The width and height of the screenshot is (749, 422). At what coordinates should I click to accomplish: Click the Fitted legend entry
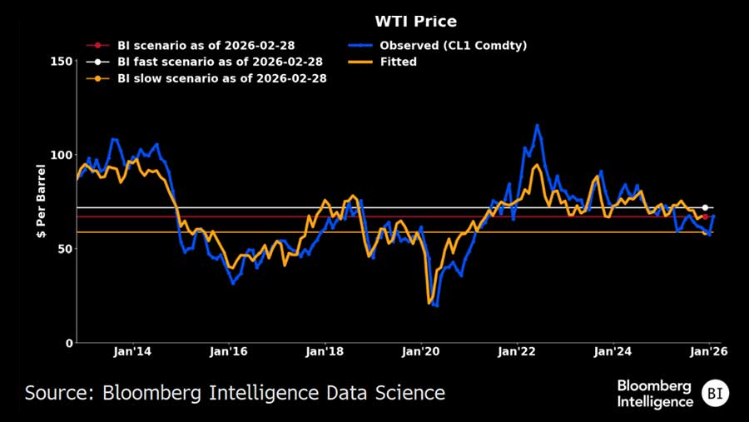[398, 62]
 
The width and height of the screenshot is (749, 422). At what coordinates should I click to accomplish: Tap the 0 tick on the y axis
[66, 343]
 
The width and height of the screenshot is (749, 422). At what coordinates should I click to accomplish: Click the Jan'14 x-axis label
[132, 352]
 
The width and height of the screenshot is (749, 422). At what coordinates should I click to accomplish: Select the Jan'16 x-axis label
[229, 352]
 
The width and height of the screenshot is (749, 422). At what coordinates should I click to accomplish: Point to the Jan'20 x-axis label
[421, 352]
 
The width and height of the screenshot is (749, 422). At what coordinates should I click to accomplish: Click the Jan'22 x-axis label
[518, 352]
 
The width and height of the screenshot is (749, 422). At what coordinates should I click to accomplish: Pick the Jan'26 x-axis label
[709, 352]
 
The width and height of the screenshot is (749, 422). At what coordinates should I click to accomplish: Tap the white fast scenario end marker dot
[705, 207]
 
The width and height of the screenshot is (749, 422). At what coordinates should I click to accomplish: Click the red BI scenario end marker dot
[705, 216]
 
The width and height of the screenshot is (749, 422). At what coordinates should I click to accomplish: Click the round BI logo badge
[715, 393]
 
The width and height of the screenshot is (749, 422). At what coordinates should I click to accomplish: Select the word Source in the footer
[57, 392]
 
